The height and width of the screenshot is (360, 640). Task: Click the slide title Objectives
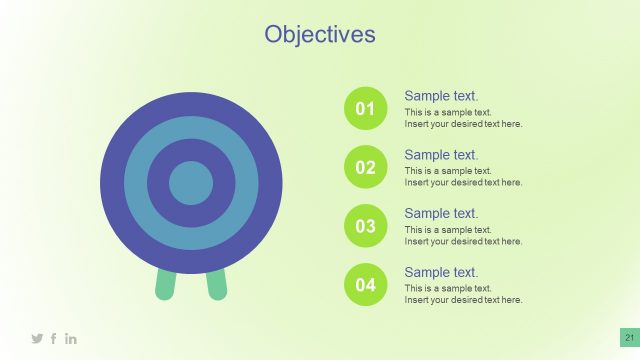320,34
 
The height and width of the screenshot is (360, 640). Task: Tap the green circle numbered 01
365,108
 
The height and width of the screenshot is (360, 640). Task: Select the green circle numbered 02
365,167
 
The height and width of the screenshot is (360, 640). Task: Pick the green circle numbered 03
365,226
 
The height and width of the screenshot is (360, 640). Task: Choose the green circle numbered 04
365,285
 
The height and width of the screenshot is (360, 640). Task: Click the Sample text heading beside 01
441,96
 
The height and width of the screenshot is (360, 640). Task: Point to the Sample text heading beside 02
441,155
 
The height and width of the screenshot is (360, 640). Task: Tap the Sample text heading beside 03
441,213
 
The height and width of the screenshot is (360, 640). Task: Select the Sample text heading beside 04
441,272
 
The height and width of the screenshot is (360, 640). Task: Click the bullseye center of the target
191,183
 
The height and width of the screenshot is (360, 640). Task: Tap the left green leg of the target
166,285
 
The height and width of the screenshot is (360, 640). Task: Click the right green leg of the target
216,285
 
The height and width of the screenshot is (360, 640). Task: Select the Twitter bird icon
38,339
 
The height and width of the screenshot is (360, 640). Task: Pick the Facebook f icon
54,339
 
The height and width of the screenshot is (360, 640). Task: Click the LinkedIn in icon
71,339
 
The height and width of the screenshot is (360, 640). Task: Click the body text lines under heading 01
463,119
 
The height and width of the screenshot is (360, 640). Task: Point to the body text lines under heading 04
463,295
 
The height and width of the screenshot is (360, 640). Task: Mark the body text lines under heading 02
463,177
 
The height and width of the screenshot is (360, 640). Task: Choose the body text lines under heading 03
463,236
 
